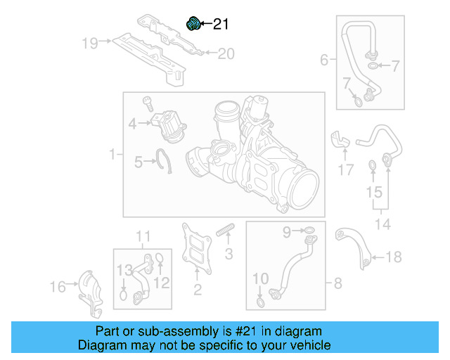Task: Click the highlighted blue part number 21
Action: pos(192,24)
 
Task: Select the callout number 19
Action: pos(89,43)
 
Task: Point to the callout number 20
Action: pos(225,53)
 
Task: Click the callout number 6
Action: pos(324,60)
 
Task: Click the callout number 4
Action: pos(132,124)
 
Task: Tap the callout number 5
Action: pos(139,163)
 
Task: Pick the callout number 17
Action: pos(345,169)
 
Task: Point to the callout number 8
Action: pos(337,283)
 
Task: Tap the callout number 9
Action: pos(287,231)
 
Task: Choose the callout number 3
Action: pos(228,254)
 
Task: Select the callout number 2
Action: pos(198,289)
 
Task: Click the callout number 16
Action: pos(58,286)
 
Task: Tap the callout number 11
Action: pos(143,236)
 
